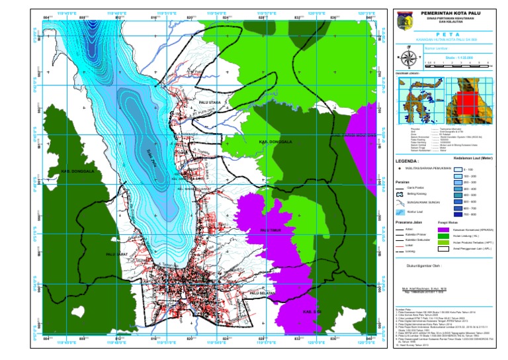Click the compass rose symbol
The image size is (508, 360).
click(x=408, y=56)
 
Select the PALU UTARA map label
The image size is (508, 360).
click(x=211, y=103)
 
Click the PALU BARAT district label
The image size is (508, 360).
click(x=116, y=253)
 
